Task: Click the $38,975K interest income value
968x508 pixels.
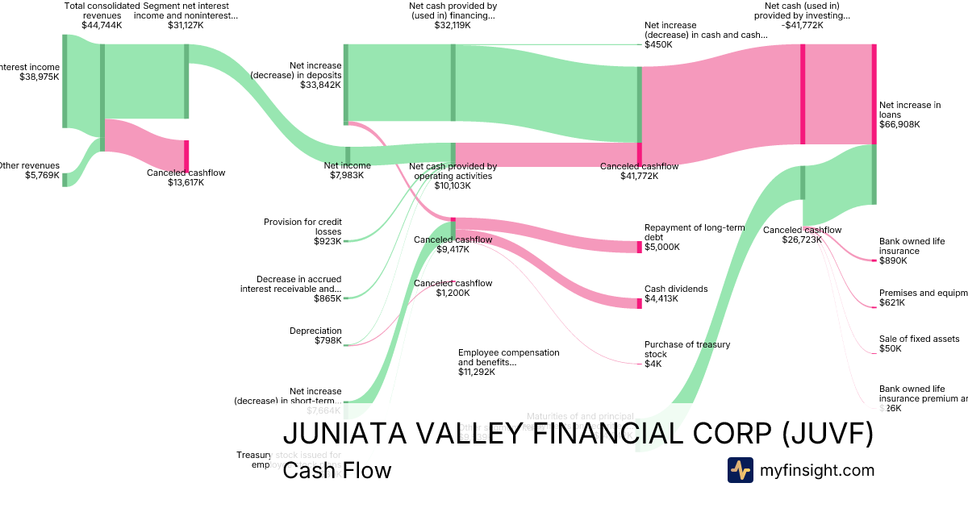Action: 40,77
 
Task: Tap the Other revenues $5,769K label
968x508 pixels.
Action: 29,170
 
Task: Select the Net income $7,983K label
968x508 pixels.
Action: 347,170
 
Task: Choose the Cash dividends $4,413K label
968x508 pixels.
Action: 675,294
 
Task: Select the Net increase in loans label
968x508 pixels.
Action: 910,115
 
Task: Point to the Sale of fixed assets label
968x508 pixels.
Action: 919,339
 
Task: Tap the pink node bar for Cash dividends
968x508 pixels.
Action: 639,302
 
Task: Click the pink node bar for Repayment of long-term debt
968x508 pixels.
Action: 639,247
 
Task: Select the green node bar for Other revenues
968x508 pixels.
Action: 65,179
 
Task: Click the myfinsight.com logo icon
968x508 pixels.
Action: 740,470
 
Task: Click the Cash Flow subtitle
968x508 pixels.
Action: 336,470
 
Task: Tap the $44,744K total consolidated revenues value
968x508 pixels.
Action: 102,25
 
